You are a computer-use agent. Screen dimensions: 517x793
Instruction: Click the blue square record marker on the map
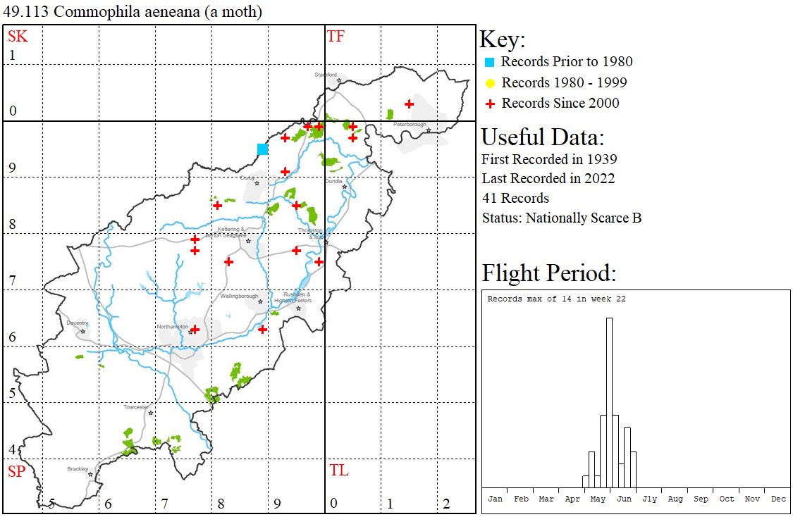coord(262,149)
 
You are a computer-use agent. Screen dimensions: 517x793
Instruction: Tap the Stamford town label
coord(326,75)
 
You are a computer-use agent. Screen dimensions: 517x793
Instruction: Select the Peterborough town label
coord(410,125)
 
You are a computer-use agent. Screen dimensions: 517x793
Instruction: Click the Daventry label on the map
coord(77,323)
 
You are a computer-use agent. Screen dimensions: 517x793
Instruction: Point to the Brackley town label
coord(78,468)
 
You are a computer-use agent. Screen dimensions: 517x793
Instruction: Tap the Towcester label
coord(136,407)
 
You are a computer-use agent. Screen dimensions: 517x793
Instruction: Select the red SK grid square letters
coord(18,37)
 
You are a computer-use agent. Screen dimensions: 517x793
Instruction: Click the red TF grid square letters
coord(336,37)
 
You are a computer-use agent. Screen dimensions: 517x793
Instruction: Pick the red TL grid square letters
coord(339,471)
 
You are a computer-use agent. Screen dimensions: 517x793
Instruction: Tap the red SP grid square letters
coord(16,472)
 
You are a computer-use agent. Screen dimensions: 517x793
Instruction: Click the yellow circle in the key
coord(490,83)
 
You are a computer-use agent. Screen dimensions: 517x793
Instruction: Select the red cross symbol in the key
coord(490,104)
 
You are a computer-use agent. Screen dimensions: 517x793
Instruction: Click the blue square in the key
coord(490,62)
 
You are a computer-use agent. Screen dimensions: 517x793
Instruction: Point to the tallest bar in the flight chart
coord(609,401)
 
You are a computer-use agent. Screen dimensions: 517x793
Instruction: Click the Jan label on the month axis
coord(496,499)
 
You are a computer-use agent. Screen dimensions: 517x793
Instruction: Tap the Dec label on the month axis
coord(778,499)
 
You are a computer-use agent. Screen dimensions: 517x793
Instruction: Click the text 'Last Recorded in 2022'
coord(548,179)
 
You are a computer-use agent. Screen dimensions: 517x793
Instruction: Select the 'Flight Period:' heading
coord(549,273)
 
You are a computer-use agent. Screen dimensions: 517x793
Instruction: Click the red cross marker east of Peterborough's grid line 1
coord(409,104)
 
